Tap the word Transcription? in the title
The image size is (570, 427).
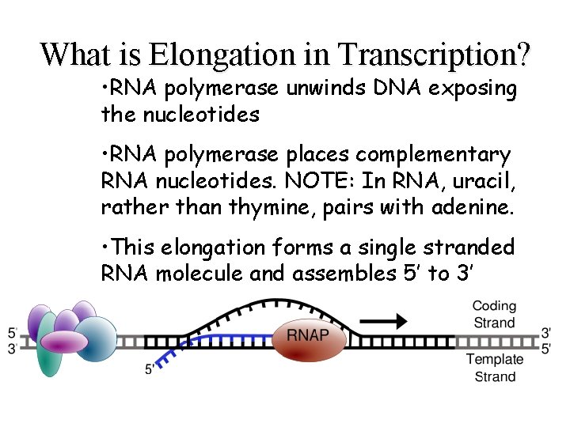(x=434, y=54)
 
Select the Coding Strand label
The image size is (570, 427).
(x=494, y=314)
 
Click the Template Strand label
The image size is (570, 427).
(x=494, y=368)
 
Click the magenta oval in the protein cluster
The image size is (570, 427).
(x=63, y=342)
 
